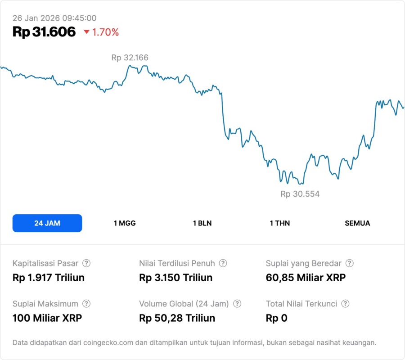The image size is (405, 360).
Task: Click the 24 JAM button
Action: point(47,223)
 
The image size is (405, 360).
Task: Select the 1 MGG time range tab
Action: point(125,223)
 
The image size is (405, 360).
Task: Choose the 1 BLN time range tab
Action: point(202,223)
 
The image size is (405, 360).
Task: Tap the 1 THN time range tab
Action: point(280,223)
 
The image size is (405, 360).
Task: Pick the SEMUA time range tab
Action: point(357,223)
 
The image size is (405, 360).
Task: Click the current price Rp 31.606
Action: point(44,32)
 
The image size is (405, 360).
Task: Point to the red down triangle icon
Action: point(86,32)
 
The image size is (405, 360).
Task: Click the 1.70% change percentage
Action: point(106,32)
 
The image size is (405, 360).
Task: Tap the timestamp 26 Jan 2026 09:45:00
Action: point(54,18)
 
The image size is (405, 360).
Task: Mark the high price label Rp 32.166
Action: point(130,58)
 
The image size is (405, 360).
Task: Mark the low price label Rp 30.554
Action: point(300,194)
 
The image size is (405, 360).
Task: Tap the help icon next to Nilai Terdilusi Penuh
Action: point(223,263)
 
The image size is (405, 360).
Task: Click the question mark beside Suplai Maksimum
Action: point(86,304)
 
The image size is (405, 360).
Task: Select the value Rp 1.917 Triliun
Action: point(49,278)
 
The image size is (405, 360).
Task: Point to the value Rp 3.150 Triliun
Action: point(175,278)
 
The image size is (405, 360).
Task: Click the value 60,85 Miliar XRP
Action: point(306,278)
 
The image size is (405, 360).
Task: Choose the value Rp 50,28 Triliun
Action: point(177,318)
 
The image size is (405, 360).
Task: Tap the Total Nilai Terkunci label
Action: point(301,304)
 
